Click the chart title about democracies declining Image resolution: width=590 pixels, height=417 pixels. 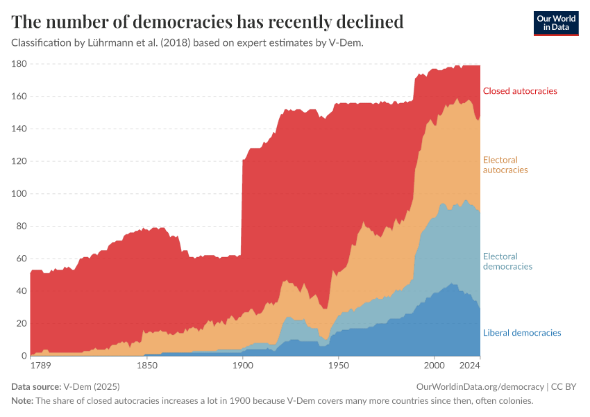click(x=208, y=22)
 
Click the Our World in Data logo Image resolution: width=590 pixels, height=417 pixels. click(x=555, y=23)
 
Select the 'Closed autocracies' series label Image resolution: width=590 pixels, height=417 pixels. click(x=520, y=91)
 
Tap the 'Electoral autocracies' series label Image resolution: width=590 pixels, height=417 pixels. click(x=505, y=165)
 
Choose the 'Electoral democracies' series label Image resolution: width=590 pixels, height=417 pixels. click(x=507, y=261)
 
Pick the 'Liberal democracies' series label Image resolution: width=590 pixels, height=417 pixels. click(x=521, y=333)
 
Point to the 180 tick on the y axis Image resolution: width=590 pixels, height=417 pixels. click(x=19, y=64)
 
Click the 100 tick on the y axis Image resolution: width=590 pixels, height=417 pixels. click(x=19, y=194)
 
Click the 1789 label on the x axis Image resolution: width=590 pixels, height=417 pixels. click(x=40, y=365)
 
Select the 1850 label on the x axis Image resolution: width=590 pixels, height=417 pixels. click(x=146, y=365)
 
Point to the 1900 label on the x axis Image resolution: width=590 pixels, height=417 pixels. click(x=242, y=365)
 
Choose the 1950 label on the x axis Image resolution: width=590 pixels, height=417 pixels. click(x=338, y=365)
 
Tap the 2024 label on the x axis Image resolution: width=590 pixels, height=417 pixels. click(x=470, y=365)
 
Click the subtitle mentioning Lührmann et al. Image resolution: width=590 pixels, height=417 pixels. click(x=187, y=42)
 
